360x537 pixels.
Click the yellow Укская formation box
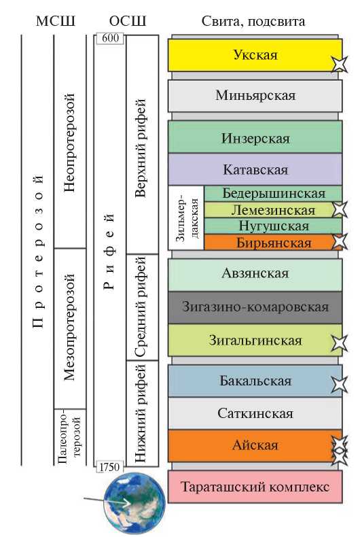255,55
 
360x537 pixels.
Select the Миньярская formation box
255,96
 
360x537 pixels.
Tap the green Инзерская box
255,137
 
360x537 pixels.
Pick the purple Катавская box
255,169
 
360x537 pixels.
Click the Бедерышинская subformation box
273,194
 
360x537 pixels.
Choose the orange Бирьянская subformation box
273,243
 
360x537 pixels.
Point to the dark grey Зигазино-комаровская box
255,307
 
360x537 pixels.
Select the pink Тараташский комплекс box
255,486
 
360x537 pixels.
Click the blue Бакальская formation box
255,381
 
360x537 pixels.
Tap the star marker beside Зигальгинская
339,343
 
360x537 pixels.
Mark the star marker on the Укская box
339,64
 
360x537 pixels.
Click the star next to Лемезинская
339,209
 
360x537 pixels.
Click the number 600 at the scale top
110,37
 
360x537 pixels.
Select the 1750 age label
109,467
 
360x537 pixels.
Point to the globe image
134,502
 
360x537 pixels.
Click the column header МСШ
56,21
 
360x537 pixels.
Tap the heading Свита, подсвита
253,22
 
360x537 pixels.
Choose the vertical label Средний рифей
141,307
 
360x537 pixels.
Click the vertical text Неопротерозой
69,142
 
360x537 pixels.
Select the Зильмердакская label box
186,218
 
